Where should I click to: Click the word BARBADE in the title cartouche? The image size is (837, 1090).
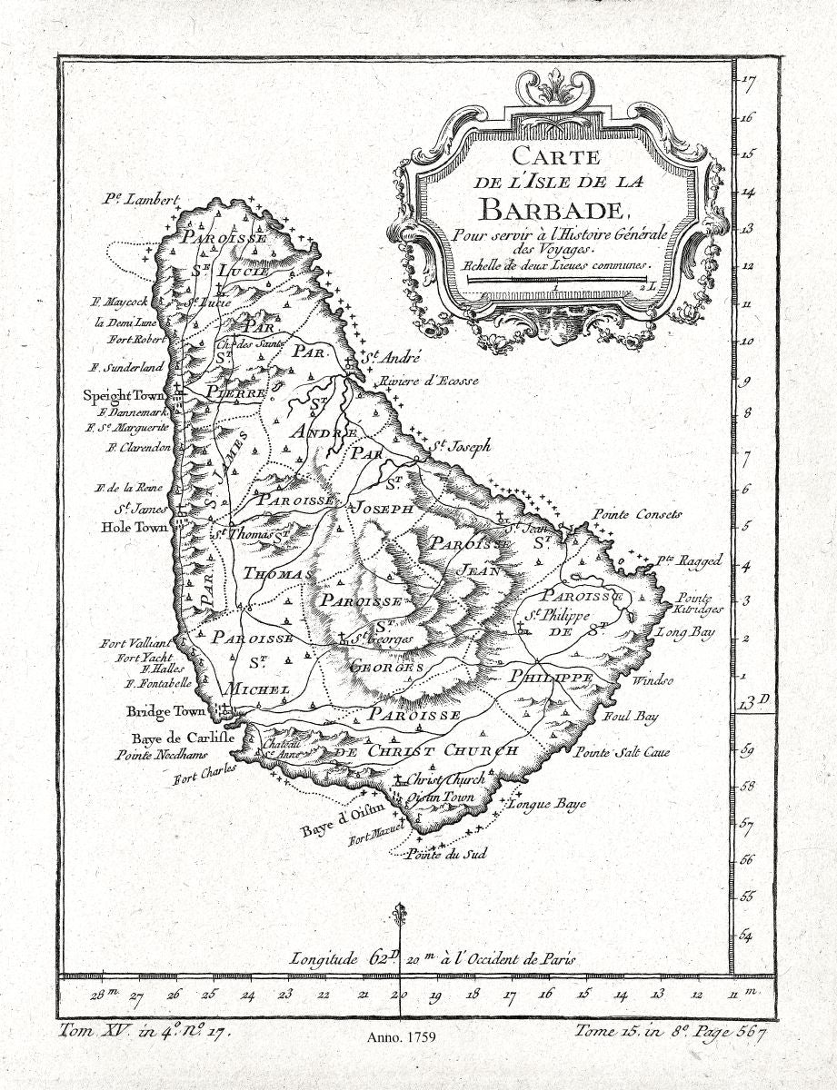coord(553,208)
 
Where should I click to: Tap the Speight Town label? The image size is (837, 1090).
coord(122,396)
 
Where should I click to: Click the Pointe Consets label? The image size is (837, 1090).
coord(637,514)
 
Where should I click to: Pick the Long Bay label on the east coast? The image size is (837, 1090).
coord(686,631)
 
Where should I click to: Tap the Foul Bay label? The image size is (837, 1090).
coord(630,717)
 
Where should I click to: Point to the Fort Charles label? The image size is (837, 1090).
coord(205,773)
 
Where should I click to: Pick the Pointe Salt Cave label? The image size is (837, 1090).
coord(622,753)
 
